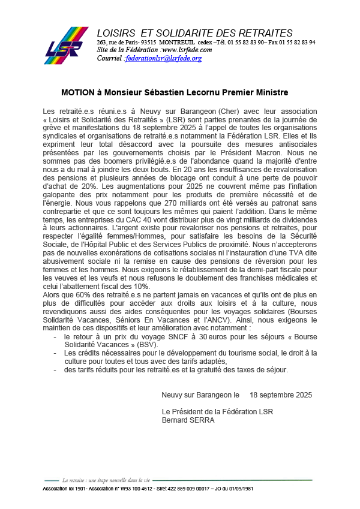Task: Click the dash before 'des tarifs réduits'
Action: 55,370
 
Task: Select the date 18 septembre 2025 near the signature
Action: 281,395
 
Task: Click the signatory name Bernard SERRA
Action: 188,420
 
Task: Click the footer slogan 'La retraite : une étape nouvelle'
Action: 106,480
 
